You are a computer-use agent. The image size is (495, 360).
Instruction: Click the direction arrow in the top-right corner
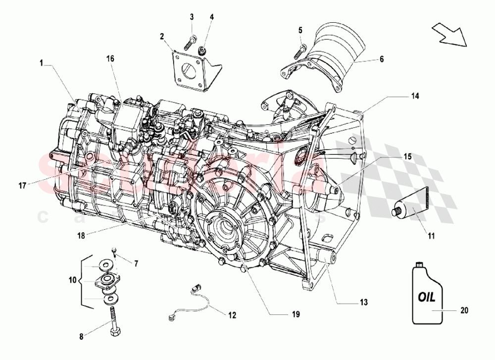pos(448,35)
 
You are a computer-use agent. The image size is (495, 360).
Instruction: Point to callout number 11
pos(431,236)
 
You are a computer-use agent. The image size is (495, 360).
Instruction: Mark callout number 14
pos(414,97)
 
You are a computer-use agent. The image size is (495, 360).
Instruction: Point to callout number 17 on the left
pos(22,186)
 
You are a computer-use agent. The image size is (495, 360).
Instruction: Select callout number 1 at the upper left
pos(43,63)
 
